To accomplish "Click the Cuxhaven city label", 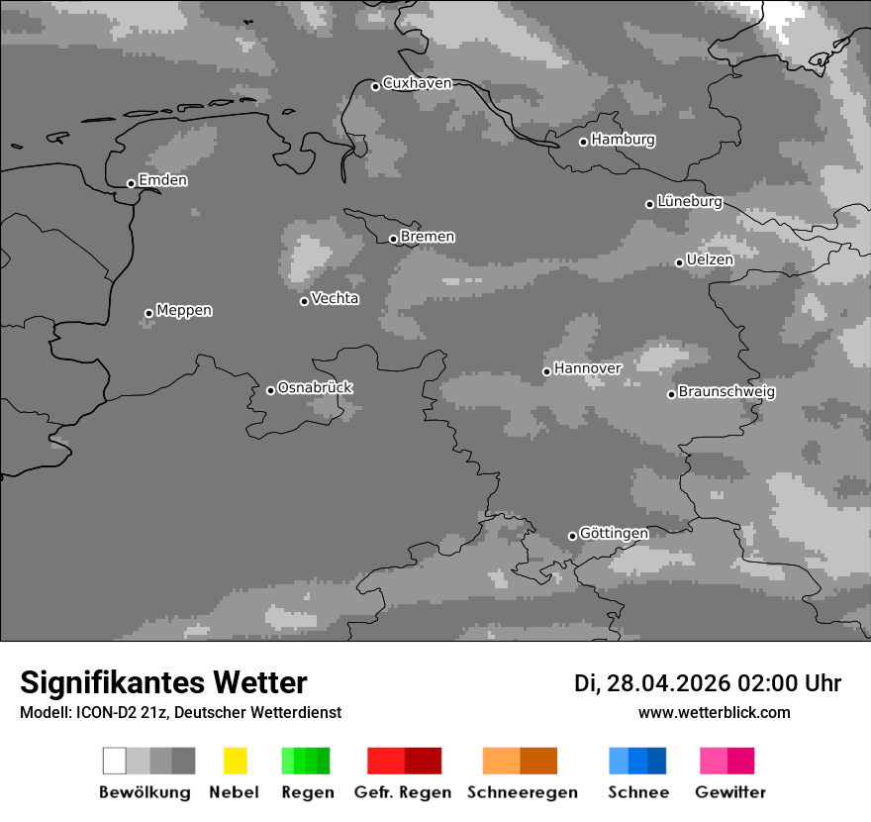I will point(417,84).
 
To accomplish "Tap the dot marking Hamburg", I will point(583,142).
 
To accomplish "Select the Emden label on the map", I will point(162,180).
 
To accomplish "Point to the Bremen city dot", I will point(393,239).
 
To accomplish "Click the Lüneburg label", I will point(689,201).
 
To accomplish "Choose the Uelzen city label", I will point(710,259).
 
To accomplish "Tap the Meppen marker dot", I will point(148,313).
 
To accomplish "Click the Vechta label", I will point(335,298).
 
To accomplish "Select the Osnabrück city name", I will point(315,387).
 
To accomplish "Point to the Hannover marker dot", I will point(546,371).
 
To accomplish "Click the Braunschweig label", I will point(726,391).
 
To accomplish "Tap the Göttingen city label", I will point(614,533).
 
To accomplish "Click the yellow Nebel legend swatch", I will point(235,761).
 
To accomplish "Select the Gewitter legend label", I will point(730,792).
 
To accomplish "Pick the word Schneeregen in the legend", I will point(522,792).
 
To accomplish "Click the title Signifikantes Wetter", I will point(163,682).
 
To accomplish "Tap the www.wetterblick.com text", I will point(714,712).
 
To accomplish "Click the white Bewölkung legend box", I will point(115,761).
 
